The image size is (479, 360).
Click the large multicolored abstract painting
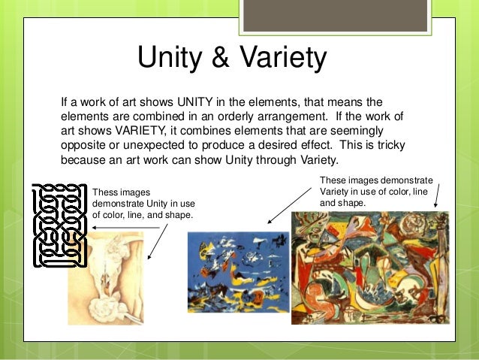(369, 267)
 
